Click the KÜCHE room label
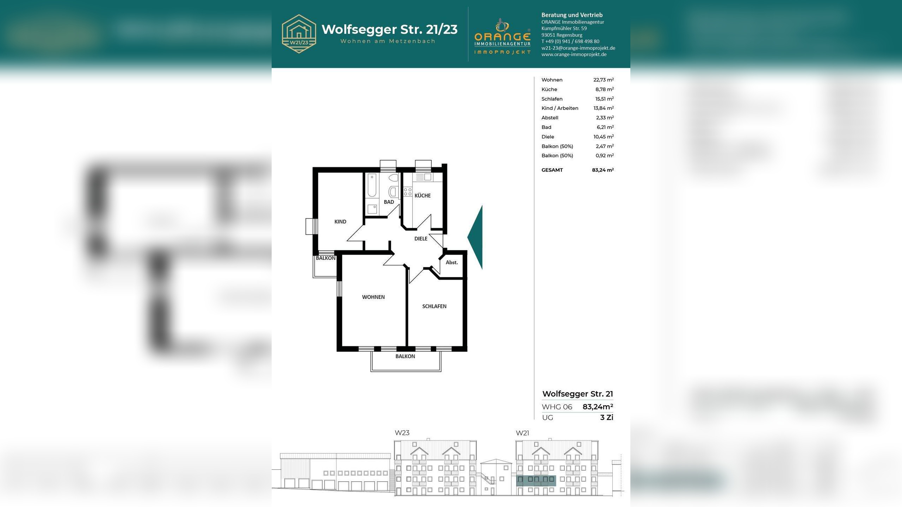[422, 195]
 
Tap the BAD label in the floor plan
[389, 202]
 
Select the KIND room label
[340, 221]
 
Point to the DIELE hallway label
[421, 238]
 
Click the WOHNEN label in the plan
[373, 297]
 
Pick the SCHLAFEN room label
[434, 306]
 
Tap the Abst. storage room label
[452, 262]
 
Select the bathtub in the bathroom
[372, 185]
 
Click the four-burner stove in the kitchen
[408, 192]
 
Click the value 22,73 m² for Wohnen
[603, 80]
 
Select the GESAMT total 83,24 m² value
[603, 170]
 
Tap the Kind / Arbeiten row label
[560, 108]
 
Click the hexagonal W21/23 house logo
[299, 34]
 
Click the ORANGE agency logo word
[502, 37]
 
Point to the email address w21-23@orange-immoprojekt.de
[578, 48]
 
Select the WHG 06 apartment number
[557, 407]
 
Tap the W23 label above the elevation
[402, 433]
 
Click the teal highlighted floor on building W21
[536, 481]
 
